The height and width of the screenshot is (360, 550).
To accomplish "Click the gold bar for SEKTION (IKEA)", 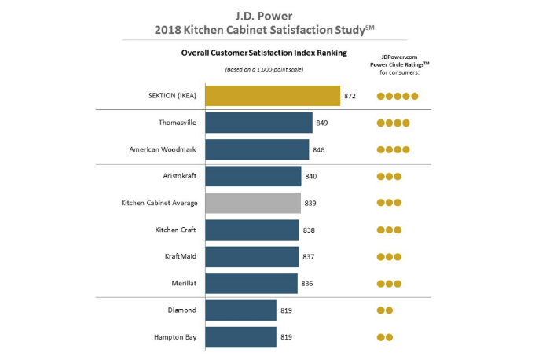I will tap(272, 96).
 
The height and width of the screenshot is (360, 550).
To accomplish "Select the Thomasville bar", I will tap(258, 123).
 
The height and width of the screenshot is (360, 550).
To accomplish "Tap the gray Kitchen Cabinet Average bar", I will tap(253, 203).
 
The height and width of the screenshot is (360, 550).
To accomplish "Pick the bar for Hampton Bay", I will tap(240, 337).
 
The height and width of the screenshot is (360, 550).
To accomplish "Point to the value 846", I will tap(319, 149).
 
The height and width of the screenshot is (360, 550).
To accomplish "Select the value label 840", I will tap(311, 176).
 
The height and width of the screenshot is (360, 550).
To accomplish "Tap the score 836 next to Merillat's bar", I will tap(307, 284).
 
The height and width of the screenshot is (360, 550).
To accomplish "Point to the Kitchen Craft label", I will tap(176, 230).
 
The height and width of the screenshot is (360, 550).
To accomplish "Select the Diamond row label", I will tap(182, 310).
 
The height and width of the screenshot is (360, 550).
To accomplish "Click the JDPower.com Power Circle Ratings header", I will tap(397, 63).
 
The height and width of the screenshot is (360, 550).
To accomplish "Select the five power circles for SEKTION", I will tap(398, 97).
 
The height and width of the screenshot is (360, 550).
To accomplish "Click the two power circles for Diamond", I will tap(385, 310).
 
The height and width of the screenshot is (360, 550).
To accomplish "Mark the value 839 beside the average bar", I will tap(311, 203).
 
